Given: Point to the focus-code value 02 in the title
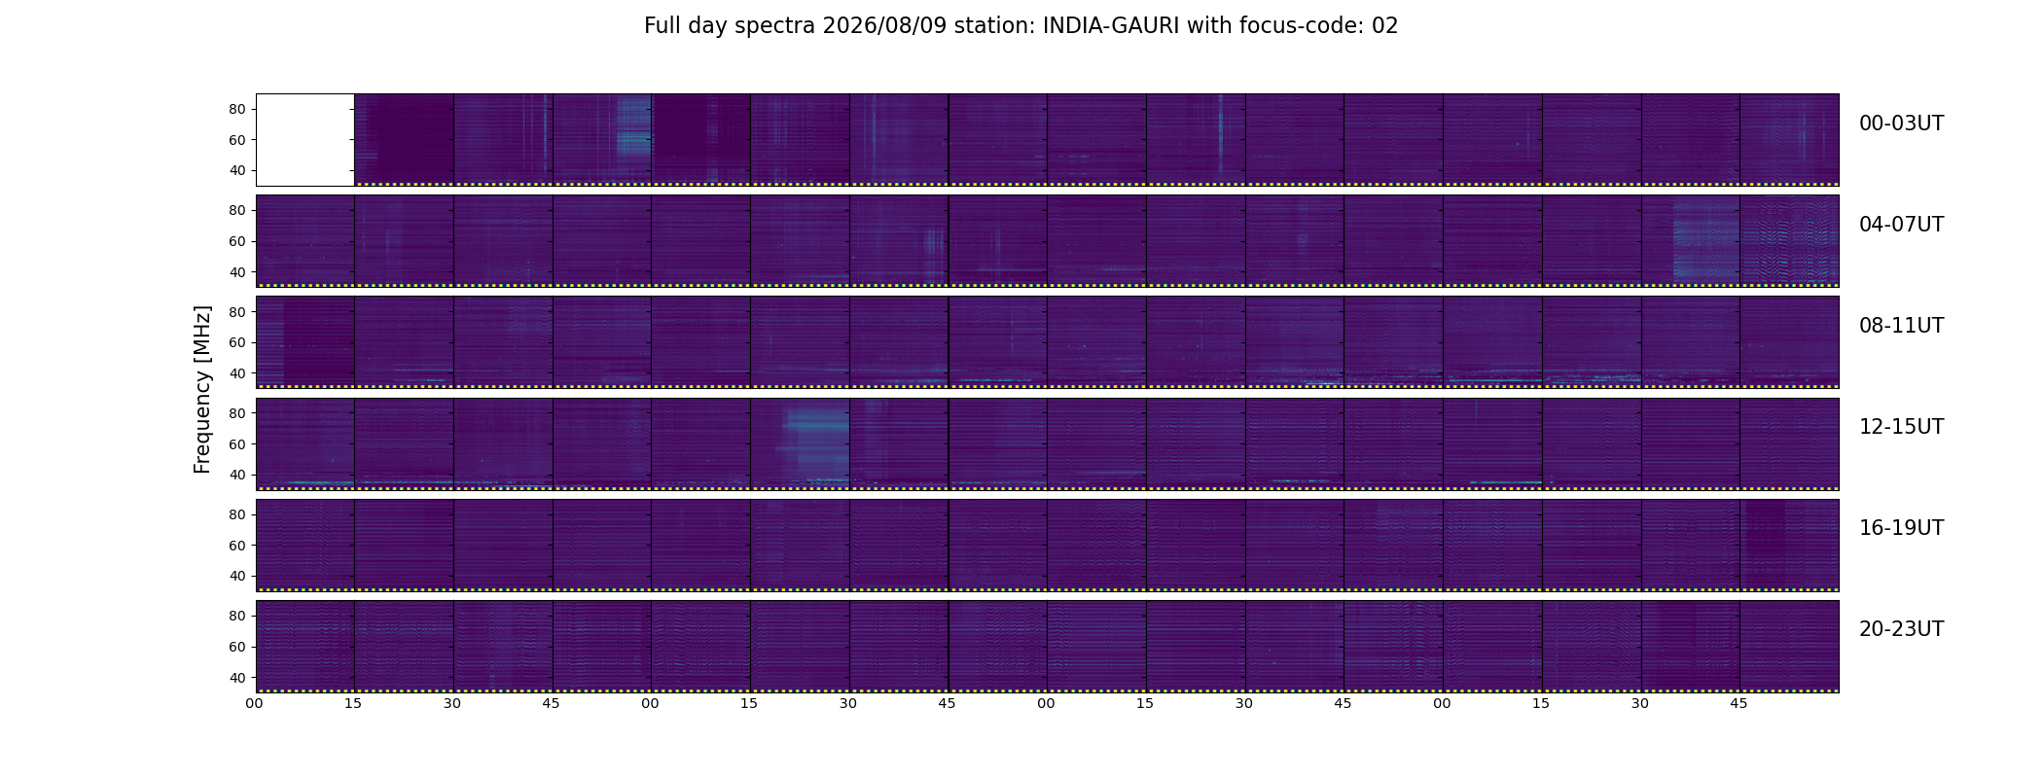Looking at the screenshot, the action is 1385,26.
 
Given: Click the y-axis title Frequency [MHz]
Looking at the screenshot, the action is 202,389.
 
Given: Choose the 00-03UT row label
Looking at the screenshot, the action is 1901,124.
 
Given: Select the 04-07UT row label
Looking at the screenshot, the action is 1901,225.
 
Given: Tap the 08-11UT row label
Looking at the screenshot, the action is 1901,326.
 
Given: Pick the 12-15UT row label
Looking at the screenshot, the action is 1901,427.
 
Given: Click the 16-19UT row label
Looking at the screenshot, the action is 1901,528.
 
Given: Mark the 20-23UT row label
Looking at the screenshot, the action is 1901,629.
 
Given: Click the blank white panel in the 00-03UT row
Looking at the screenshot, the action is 305,139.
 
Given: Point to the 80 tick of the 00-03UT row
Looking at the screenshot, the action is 236,109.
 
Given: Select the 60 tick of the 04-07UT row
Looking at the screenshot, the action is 236,241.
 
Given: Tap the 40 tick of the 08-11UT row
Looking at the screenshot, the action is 236,373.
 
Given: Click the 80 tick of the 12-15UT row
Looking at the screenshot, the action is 236,413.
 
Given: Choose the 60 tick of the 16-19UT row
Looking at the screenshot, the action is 236,546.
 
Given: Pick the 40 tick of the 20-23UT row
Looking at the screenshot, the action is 236,678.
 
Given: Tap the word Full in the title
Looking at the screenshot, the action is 661,26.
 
